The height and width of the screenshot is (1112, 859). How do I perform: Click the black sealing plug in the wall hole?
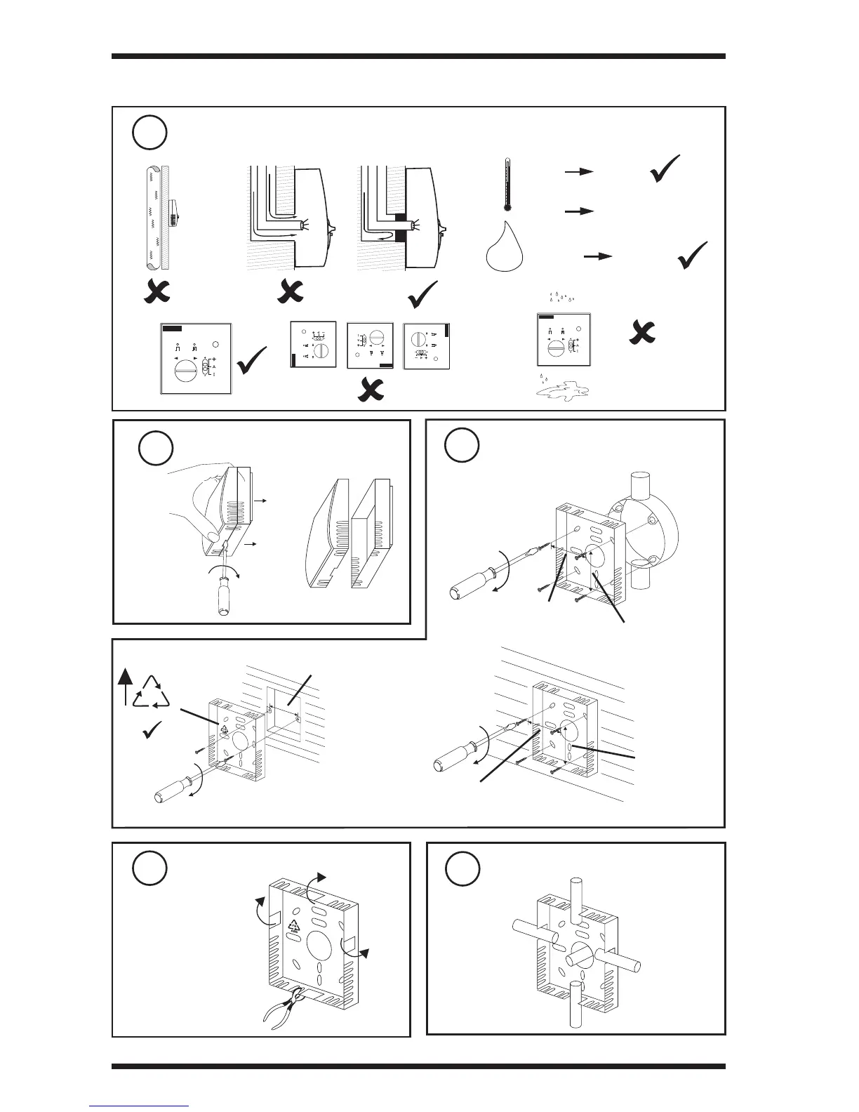401,225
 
